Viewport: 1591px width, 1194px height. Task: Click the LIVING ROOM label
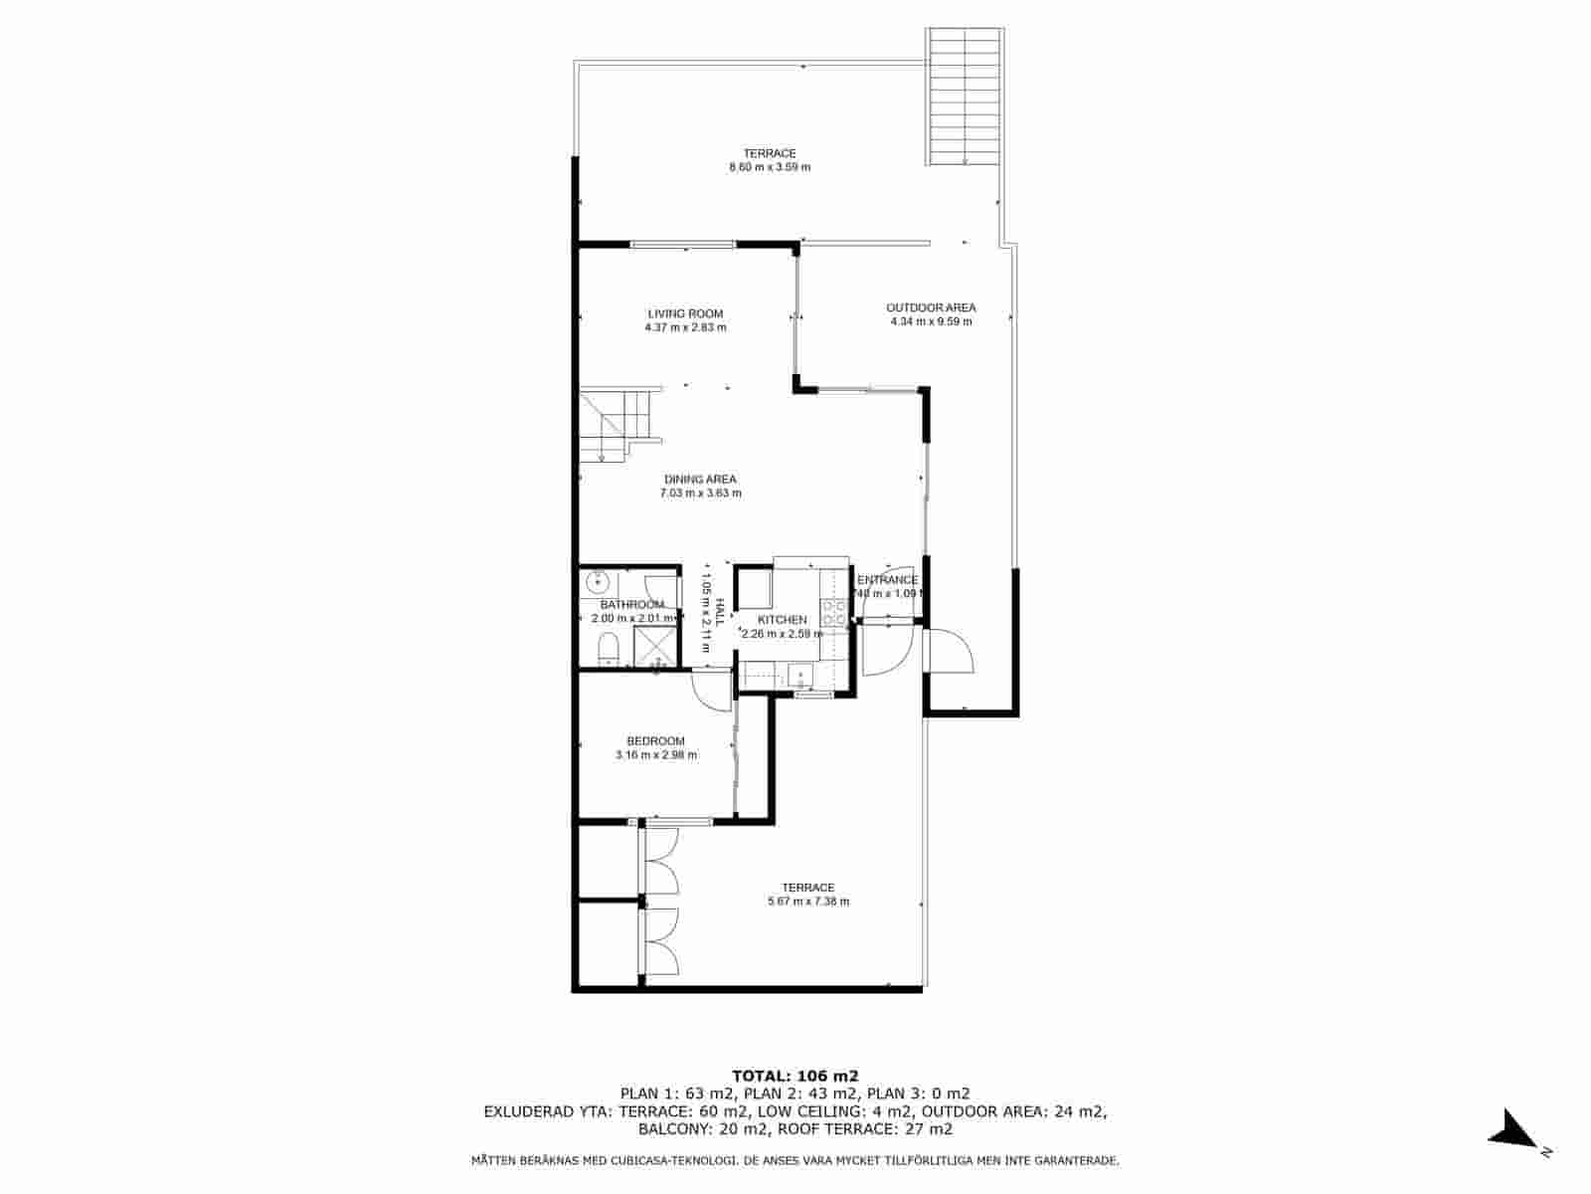pyautogui.click(x=685, y=313)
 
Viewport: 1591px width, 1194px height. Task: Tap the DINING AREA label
pyautogui.click(x=700, y=480)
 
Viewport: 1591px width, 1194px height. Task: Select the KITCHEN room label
pyautogui.click(x=783, y=620)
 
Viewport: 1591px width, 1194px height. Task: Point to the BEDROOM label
pyautogui.click(x=655, y=741)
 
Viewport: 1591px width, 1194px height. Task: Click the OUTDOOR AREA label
pyautogui.click(x=931, y=307)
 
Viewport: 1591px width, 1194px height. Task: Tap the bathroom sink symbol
pyautogui.click(x=599, y=581)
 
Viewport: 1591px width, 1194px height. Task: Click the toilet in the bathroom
pyautogui.click(x=608, y=652)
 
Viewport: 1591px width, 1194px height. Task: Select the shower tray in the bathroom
pyautogui.click(x=656, y=646)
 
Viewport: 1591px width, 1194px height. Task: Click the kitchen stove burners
pyautogui.click(x=833, y=611)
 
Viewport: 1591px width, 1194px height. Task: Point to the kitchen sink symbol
pyautogui.click(x=799, y=677)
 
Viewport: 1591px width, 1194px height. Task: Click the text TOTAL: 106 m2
pyautogui.click(x=795, y=1076)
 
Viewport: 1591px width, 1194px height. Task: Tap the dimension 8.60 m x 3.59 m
pyautogui.click(x=770, y=167)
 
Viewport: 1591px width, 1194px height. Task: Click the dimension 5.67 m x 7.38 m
pyautogui.click(x=807, y=901)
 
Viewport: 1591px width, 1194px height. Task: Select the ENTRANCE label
pyautogui.click(x=887, y=580)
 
